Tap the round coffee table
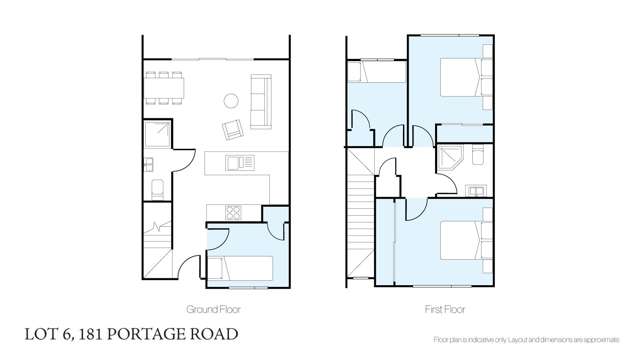pos(229,100)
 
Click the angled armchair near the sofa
pos(233,129)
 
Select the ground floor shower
pos(155,135)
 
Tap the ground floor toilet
pos(154,187)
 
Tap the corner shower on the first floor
pos(452,160)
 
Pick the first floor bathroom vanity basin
pos(476,189)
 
